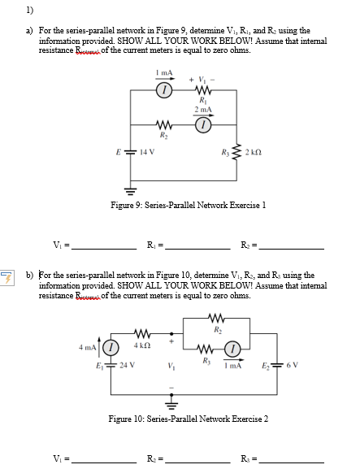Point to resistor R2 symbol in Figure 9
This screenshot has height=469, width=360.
163,127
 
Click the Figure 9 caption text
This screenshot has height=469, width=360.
189,206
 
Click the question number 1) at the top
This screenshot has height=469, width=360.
29,9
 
